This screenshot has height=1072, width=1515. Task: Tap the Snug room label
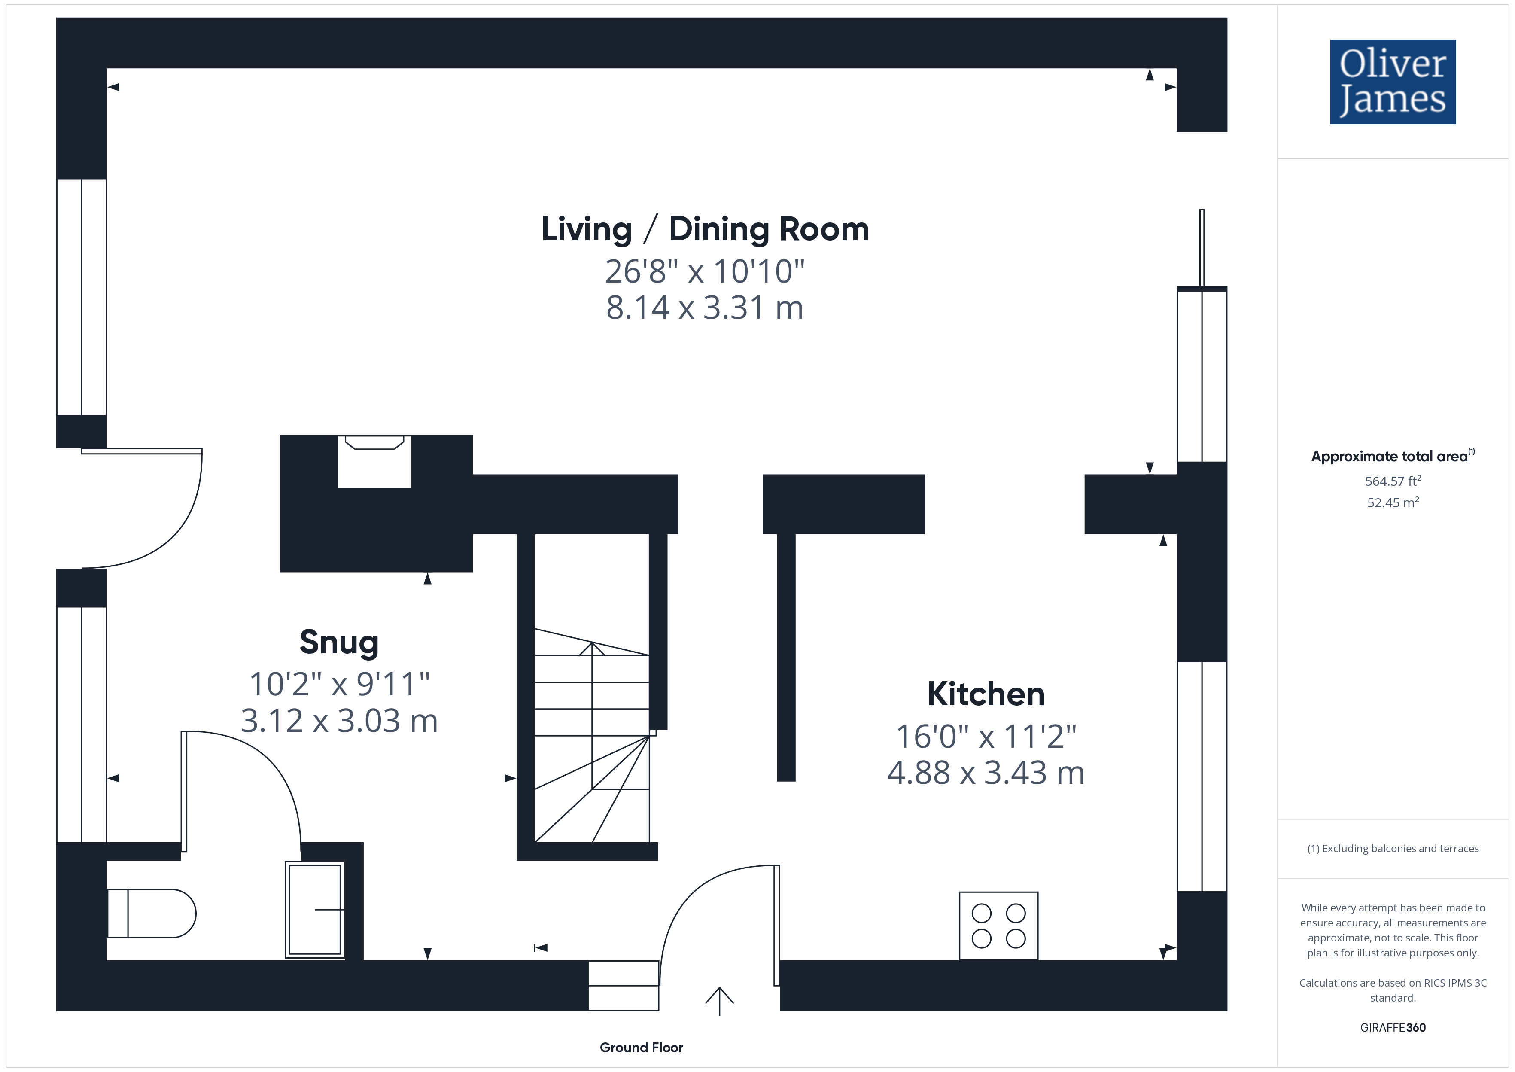click(x=339, y=642)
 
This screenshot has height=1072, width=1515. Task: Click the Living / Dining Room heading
click(x=705, y=229)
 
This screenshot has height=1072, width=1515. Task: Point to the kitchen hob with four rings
click(x=998, y=926)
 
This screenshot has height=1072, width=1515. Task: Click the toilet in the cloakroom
click(x=151, y=914)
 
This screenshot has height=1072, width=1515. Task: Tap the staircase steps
click(x=592, y=735)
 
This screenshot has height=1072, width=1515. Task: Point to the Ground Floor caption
click(x=642, y=1047)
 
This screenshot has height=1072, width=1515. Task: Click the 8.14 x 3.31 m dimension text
click(x=705, y=308)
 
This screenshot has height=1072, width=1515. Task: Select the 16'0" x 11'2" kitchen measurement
click(x=986, y=737)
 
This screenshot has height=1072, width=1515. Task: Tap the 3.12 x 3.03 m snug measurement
click(x=339, y=721)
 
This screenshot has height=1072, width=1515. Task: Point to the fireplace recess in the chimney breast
click(x=374, y=461)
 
